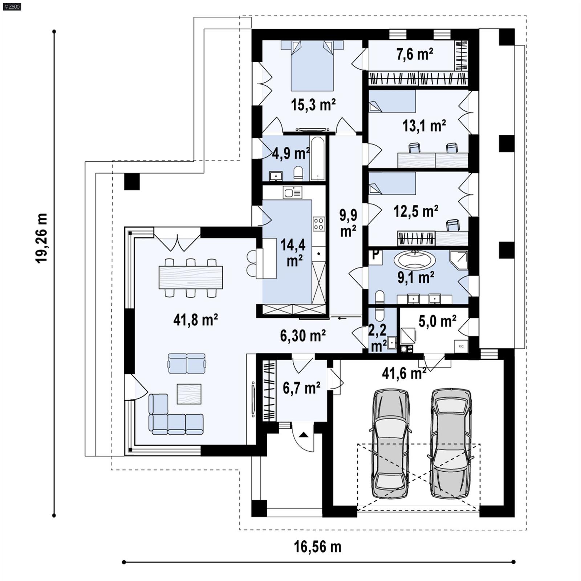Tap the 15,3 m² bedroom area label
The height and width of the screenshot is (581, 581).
point(313,105)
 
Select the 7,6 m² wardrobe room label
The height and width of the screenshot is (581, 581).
point(415,54)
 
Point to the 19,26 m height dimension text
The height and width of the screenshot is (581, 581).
point(41,238)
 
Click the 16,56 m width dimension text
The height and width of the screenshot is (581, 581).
point(317,547)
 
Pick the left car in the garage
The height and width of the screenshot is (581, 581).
point(390,444)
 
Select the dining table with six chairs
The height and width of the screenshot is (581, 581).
point(191,277)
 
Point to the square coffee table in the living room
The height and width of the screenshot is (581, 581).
point(189,394)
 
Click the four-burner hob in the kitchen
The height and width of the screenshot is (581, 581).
point(319,224)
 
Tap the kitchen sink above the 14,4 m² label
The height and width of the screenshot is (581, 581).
point(292,192)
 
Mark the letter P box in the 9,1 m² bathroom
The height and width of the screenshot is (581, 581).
point(376,256)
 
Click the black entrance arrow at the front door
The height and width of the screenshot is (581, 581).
point(304,434)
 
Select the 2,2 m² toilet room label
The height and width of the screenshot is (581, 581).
point(378,338)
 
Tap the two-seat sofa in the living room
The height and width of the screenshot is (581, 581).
point(187,363)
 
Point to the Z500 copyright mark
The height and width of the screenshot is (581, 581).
point(12,7)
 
